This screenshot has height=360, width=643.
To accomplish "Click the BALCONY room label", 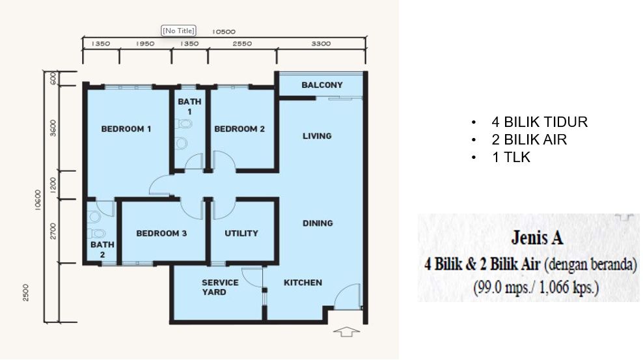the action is point(322,85).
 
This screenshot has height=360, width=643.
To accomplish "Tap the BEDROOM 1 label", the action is point(126,129).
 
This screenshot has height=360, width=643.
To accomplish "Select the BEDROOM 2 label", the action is point(239,129).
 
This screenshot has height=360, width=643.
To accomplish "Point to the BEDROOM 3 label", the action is point(161,233).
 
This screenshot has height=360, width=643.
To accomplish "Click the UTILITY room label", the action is point(241,233).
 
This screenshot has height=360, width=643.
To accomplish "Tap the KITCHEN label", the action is point(303,283).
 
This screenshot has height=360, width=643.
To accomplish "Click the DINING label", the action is point(318,223).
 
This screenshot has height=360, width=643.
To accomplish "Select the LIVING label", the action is point(317,135).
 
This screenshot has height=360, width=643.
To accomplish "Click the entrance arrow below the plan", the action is point(346,331).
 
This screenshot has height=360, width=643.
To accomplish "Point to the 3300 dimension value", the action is point(321,44).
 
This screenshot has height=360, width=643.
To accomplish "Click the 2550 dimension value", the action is point(242,44).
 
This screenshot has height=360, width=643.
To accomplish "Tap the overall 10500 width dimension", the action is point(223,31).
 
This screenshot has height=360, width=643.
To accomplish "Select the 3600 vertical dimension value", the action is point(53,128).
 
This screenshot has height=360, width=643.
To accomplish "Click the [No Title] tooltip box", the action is point(178,31).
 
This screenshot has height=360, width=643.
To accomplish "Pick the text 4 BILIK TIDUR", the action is point(540,122).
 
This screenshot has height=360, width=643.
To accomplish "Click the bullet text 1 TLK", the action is point(511,157).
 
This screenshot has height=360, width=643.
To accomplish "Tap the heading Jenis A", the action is point(537,238).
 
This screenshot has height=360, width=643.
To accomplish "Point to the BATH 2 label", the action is point(102,249).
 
